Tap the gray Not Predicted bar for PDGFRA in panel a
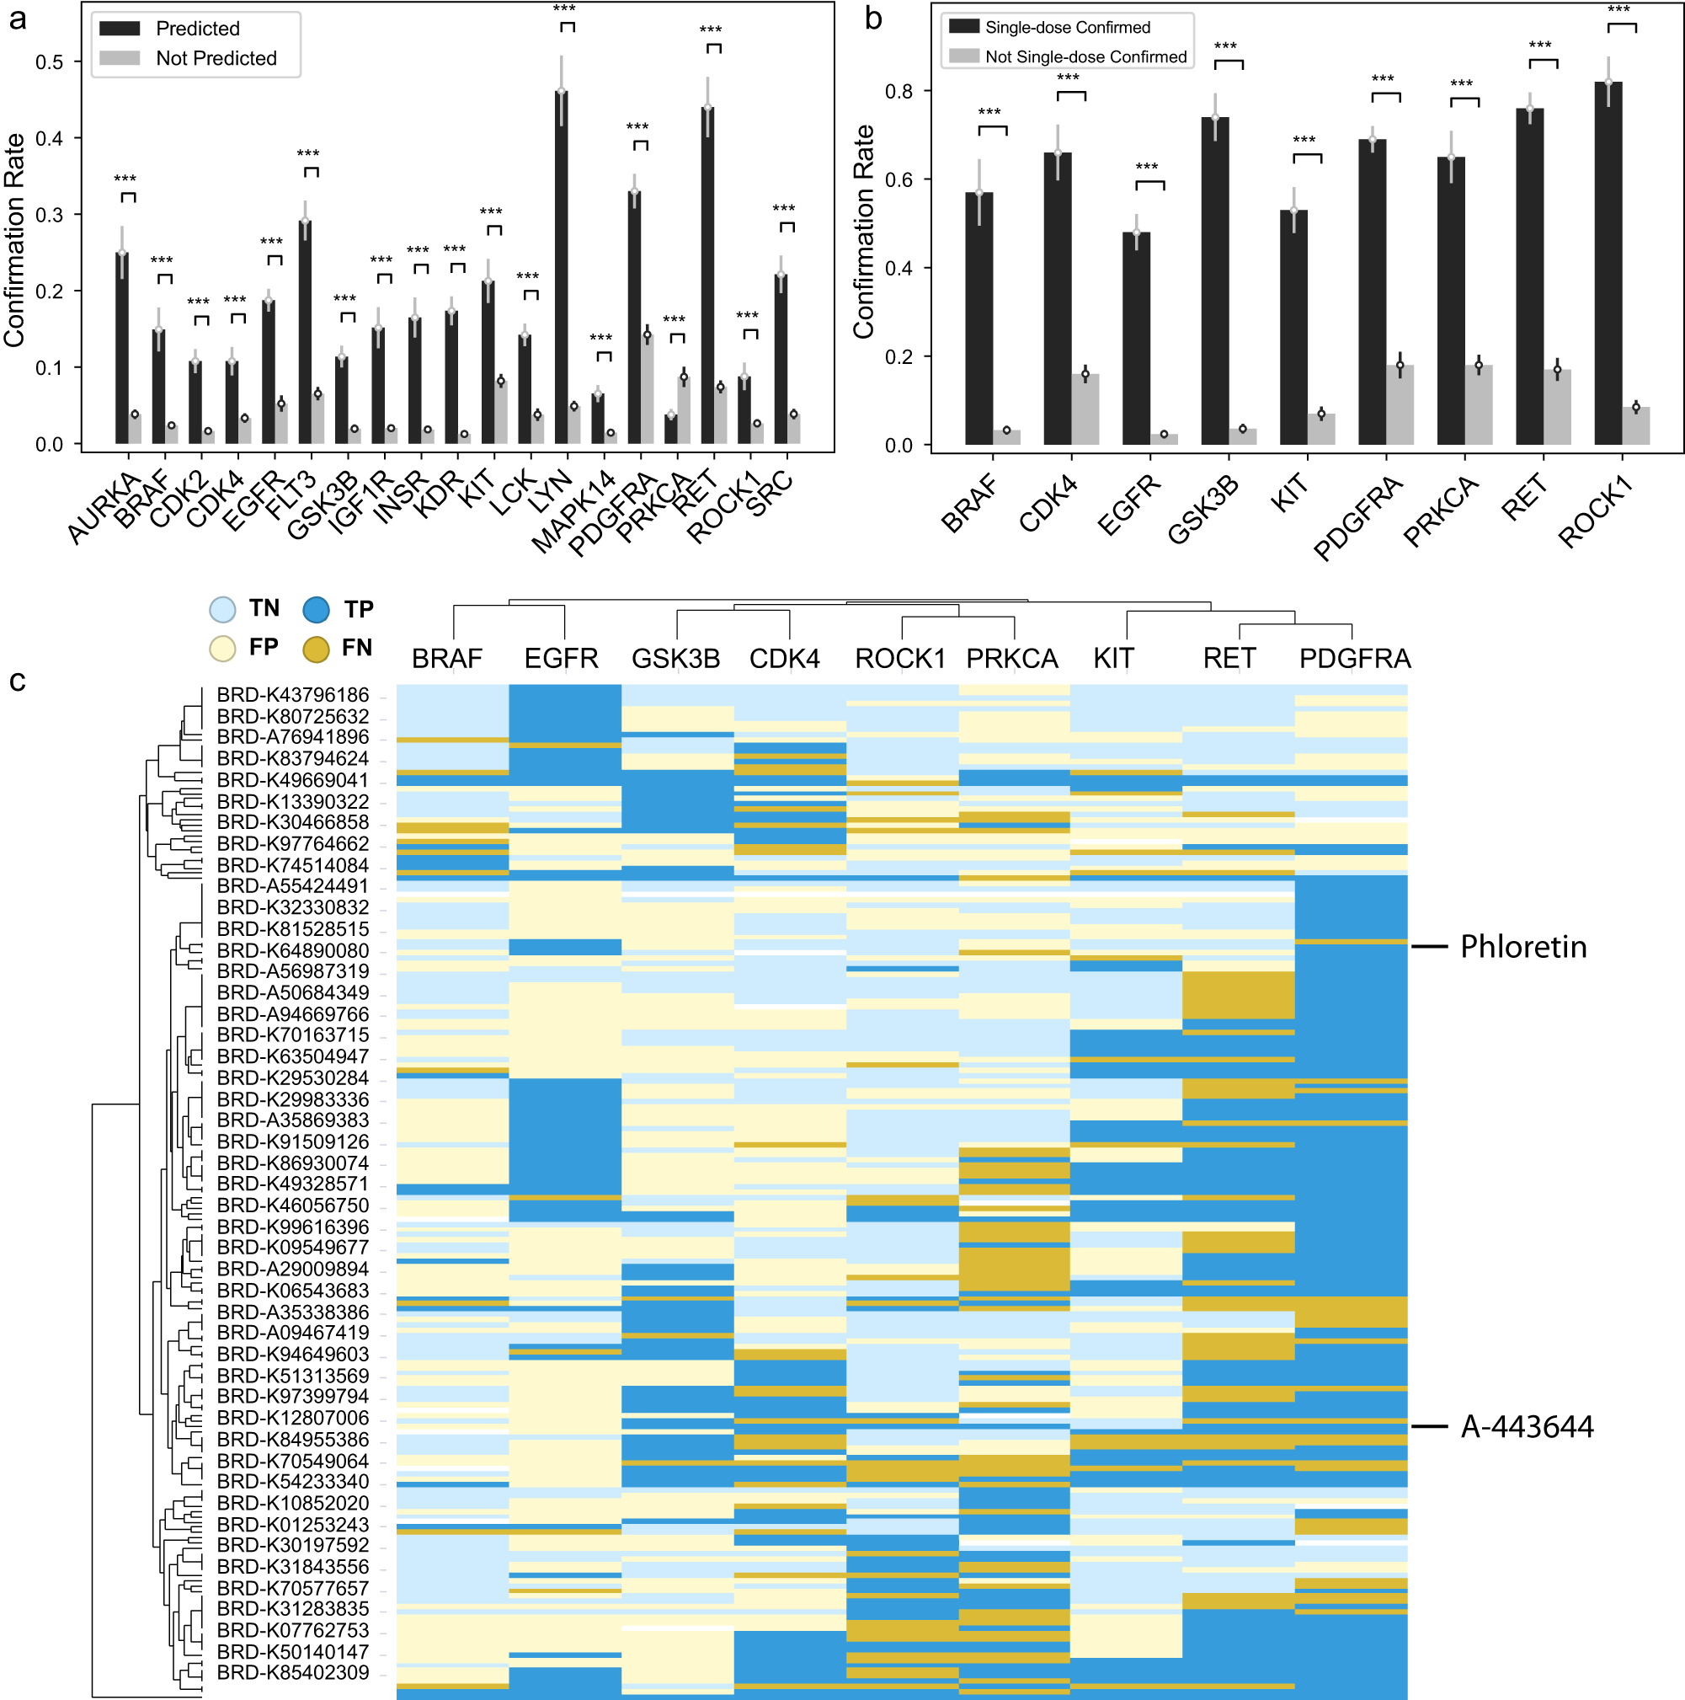648,388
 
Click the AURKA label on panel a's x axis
104,508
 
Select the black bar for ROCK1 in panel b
1608,263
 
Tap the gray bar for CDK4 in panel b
1085,409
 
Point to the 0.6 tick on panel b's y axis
898,179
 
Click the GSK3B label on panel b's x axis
1202,510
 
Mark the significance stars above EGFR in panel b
1147,167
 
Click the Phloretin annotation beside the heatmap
1523,947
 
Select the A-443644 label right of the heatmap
1527,1426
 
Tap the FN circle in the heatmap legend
316,650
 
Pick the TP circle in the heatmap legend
316,610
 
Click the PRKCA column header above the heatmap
1012,658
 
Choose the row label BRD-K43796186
293,695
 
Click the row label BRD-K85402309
293,1673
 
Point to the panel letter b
873,18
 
